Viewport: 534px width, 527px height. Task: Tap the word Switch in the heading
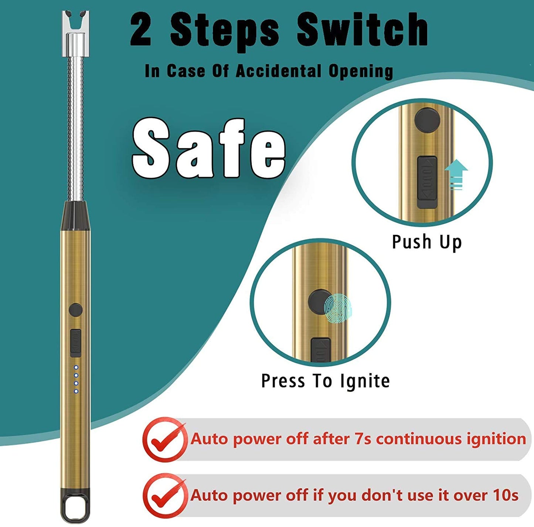tap(362, 30)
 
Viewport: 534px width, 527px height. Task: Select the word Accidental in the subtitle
tap(278, 71)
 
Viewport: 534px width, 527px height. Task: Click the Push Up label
tap(427, 242)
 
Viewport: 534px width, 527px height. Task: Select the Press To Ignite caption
tap(325, 381)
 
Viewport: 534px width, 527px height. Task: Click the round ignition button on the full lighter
tap(76, 310)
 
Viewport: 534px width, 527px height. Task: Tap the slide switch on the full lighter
tap(76, 342)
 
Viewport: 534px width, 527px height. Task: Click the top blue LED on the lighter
tap(76, 367)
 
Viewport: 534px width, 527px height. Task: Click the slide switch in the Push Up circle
tap(427, 182)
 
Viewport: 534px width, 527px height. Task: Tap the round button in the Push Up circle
tap(427, 120)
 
